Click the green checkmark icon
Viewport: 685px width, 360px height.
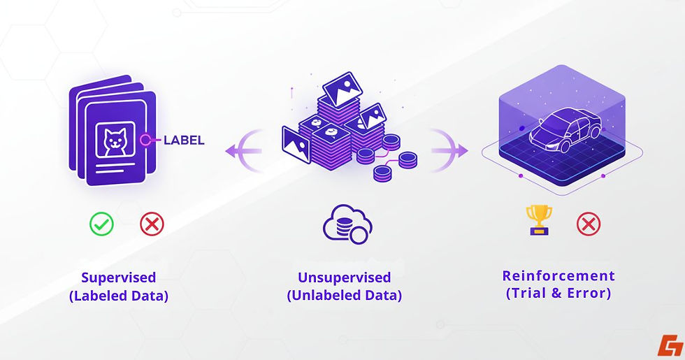(101, 224)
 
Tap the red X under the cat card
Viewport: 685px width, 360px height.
(152, 224)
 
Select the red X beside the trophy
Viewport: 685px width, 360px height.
(588, 224)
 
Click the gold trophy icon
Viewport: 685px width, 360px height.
(540, 219)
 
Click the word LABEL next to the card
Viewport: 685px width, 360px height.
(184, 140)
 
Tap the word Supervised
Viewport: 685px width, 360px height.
(118, 278)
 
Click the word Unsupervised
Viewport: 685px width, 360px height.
(344, 278)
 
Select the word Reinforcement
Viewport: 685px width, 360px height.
(558, 275)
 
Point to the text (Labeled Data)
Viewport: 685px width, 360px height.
(119, 296)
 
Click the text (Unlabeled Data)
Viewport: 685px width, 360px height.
(344, 296)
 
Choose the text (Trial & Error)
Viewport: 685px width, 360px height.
(558, 294)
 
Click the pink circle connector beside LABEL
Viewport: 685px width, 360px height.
(146, 140)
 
